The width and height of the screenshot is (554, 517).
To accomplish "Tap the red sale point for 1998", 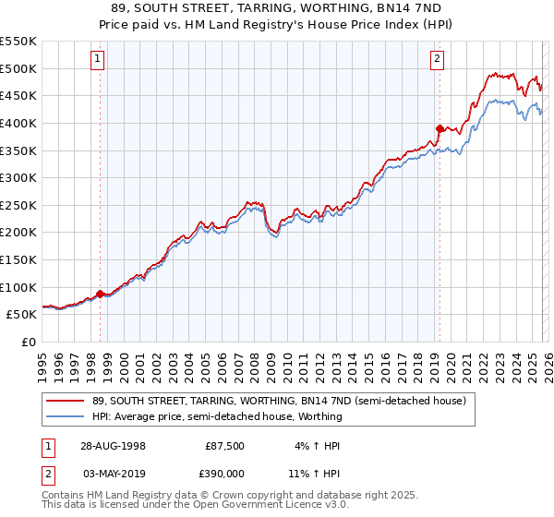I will tap(101, 294).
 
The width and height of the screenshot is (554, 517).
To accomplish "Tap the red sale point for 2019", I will tap(440, 128).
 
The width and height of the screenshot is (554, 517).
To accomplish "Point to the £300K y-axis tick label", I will tap(18, 177).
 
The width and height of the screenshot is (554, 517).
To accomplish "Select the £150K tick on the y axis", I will tap(18, 259).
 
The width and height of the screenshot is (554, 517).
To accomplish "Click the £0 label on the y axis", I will tap(29, 342).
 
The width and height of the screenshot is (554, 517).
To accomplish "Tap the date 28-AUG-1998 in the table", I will tap(113, 444).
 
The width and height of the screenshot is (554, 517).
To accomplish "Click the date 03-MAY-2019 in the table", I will tap(113, 474).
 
